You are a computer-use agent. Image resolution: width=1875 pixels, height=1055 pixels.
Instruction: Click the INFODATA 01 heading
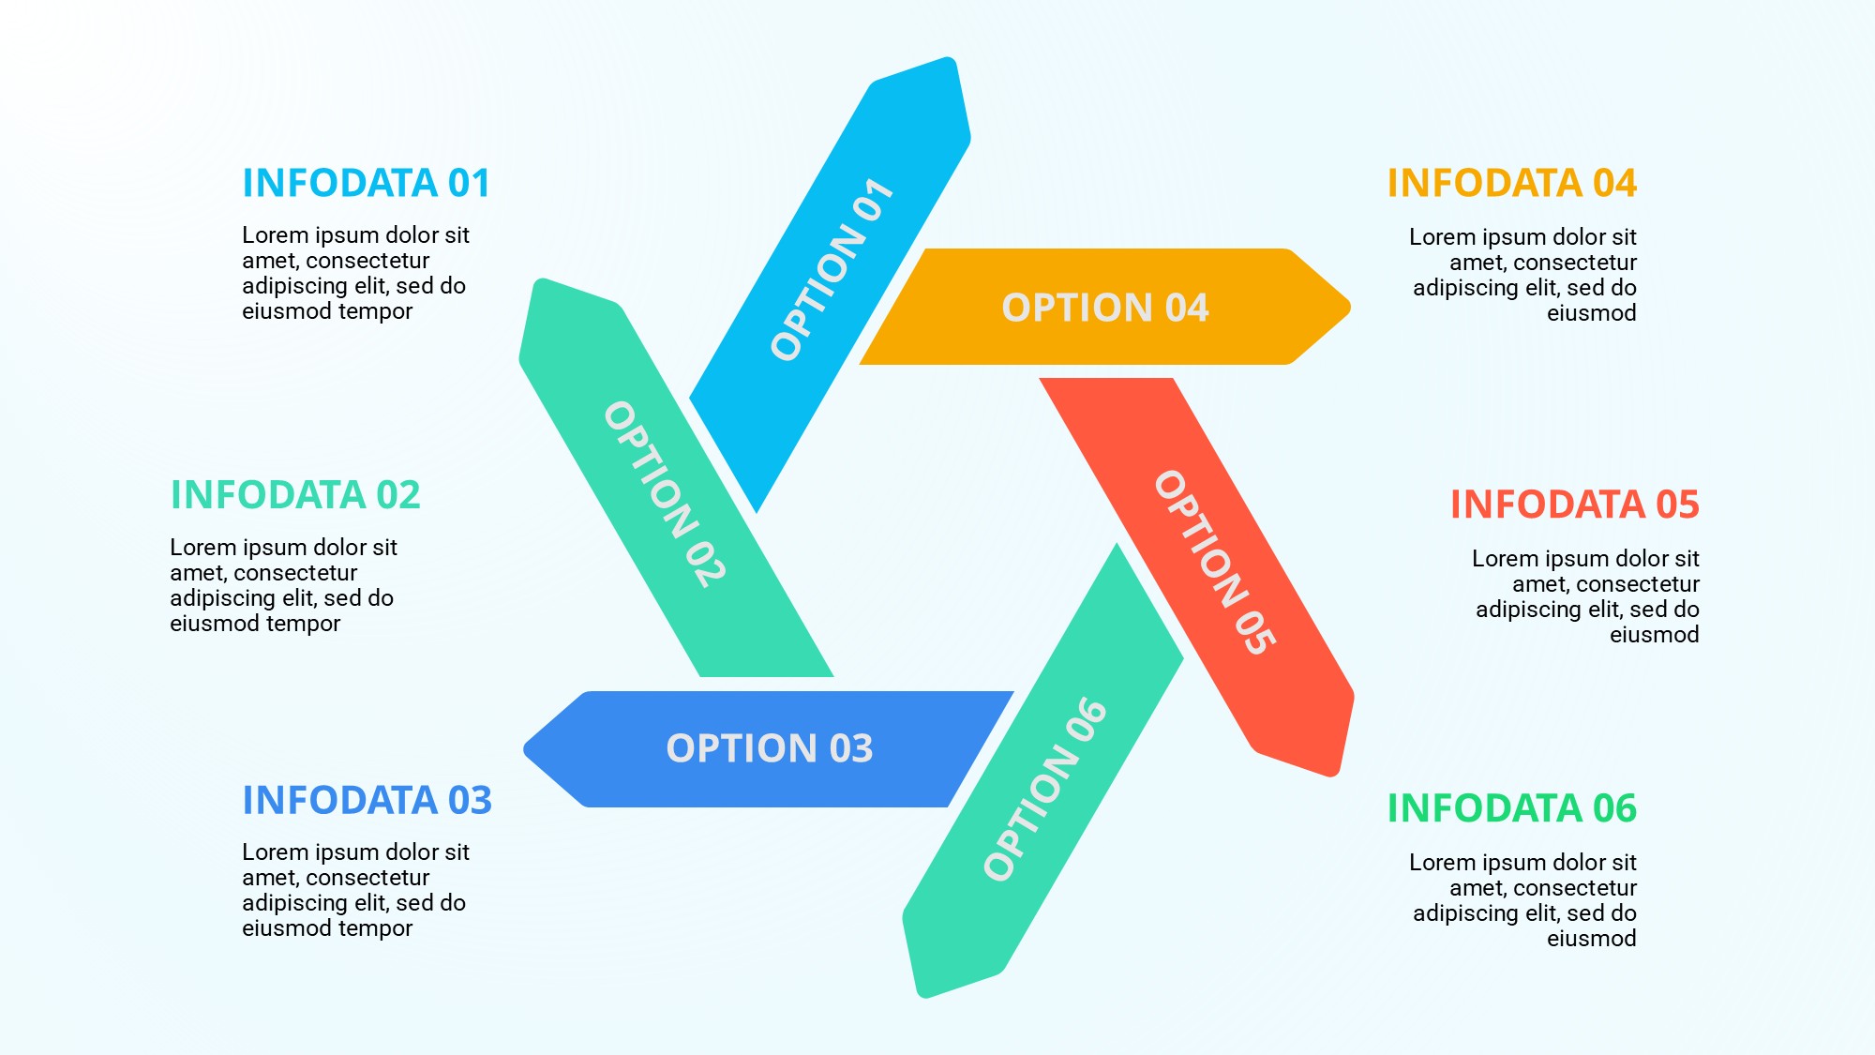(366, 183)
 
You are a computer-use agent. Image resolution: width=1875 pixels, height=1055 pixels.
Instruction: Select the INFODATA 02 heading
(294, 495)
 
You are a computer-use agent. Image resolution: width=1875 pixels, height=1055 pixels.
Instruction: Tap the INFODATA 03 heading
(367, 801)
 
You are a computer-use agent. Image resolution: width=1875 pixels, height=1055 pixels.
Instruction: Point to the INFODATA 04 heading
(1511, 183)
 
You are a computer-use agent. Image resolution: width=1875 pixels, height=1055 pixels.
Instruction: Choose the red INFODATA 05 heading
(1574, 505)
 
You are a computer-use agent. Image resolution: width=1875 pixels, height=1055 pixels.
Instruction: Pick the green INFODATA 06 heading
(1511, 808)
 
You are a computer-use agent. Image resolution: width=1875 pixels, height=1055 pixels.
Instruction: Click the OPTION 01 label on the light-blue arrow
(831, 270)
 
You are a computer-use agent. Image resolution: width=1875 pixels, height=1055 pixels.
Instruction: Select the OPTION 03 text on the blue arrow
(769, 748)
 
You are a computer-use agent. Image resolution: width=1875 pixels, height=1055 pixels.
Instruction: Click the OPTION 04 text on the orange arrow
(1105, 308)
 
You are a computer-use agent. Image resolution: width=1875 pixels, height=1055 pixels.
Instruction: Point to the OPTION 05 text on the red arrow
(1214, 563)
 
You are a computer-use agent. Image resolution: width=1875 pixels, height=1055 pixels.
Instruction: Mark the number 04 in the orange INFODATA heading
(1614, 183)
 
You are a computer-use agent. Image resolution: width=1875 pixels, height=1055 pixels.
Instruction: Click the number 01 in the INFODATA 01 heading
(469, 183)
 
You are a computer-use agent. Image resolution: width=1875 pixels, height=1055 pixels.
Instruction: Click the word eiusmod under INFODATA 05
(1654, 635)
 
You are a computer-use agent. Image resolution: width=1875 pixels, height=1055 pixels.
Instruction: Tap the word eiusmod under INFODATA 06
(1591, 939)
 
